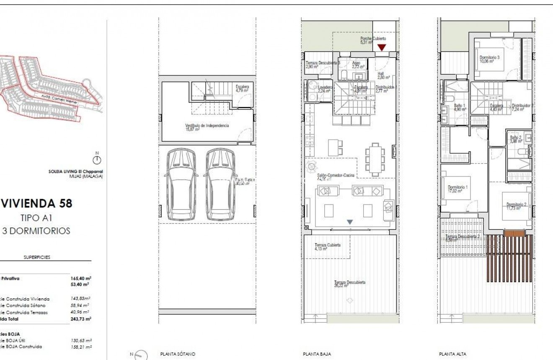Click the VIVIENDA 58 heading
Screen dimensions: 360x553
37,204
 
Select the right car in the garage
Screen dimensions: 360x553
220,184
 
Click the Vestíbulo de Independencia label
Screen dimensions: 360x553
207,127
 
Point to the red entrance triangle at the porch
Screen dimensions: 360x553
381,47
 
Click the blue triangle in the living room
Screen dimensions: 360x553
350,222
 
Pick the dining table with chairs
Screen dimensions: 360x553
374,160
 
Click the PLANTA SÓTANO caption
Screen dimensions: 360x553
178,354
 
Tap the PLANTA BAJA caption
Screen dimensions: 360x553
317,354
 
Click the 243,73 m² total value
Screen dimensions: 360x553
81,319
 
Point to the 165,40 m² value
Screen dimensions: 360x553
81,278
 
